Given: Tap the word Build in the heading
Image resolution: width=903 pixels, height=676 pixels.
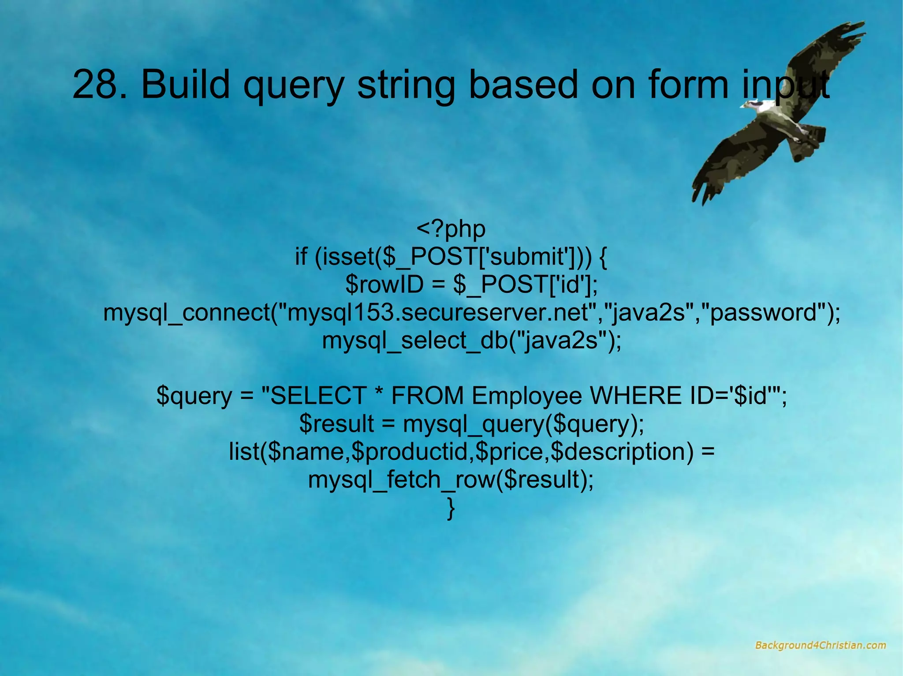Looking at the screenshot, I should (185, 84).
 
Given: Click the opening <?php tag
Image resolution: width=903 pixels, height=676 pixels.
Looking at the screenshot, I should (451, 229).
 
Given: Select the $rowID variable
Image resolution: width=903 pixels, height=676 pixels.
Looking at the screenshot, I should (384, 284).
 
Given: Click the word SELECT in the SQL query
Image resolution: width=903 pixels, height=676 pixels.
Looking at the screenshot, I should (318, 395).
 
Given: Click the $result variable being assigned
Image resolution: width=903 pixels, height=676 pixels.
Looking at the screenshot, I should (336, 424).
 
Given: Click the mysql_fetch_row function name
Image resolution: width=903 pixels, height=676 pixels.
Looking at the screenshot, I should (401, 480).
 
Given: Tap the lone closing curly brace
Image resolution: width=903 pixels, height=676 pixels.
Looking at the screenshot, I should (451, 508).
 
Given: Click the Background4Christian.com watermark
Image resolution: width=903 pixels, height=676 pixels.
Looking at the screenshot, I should (820, 645).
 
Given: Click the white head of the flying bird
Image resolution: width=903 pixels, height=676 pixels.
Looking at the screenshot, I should (755, 104).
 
